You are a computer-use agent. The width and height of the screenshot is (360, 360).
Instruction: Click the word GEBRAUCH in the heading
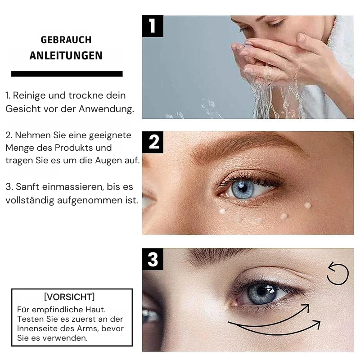(x=66, y=40)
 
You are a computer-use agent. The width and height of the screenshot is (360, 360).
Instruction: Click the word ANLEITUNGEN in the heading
(x=66, y=56)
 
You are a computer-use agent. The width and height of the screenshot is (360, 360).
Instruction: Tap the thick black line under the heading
(x=67, y=74)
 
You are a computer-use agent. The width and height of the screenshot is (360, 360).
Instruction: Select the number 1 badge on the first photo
(x=153, y=26)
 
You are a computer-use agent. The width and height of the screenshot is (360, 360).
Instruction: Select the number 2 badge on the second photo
(x=153, y=142)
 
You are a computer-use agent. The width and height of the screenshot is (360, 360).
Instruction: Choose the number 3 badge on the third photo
(x=153, y=259)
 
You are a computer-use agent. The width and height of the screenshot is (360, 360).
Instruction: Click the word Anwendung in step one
(x=106, y=109)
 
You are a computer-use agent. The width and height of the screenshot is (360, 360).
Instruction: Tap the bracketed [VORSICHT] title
(x=69, y=297)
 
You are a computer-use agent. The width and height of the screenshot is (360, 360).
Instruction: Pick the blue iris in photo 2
(x=242, y=189)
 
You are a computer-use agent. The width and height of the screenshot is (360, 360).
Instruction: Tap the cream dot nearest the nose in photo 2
(x=222, y=211)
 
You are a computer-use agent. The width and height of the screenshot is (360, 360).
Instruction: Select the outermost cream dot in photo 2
(x=307, y=205)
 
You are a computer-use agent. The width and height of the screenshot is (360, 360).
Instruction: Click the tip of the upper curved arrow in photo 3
(x=309, y=305)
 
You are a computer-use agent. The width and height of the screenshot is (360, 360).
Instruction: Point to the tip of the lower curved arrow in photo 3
(x=320, y=321)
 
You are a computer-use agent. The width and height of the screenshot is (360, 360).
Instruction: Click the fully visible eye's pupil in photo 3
(x=261, y=291)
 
